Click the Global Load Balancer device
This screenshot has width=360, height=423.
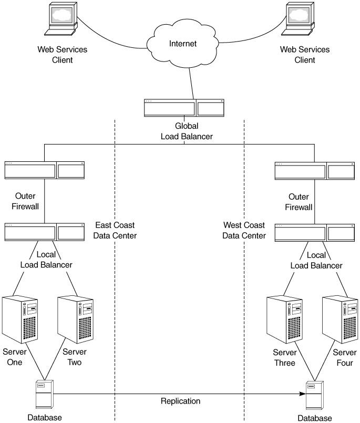tap(184, 107)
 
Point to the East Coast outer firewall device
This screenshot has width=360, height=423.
tap(44, 170)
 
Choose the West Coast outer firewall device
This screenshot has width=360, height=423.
tap(314, 170)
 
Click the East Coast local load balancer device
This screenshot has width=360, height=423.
tap(44, 232)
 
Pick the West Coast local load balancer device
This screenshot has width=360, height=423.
tap(314, 232)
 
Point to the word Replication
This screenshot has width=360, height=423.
tap(180, 401)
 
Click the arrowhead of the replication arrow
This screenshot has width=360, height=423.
tap(303, 393)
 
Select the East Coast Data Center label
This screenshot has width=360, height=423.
tap(115, 230)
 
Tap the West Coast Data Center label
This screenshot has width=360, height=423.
tap(244, 230)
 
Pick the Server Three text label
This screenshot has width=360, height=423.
tap(284, 357)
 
